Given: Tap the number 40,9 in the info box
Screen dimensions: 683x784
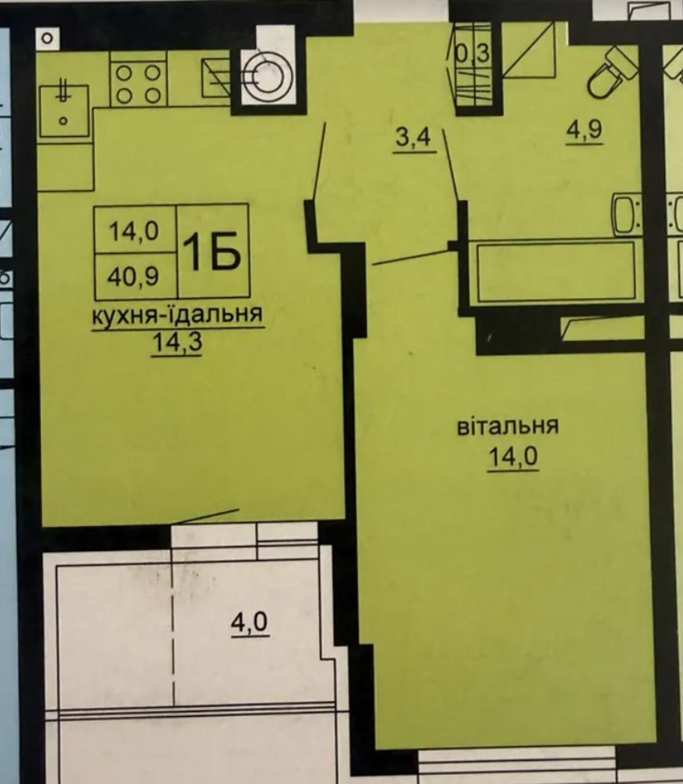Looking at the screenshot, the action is coord(133,277).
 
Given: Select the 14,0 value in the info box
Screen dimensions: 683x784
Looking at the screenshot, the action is coord(133,230).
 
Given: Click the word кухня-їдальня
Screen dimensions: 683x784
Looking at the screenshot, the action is coord(177,314).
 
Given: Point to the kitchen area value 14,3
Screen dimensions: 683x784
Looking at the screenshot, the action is coord(177,342).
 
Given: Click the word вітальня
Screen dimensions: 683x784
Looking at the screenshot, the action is coord(508,426).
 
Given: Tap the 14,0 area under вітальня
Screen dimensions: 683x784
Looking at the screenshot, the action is coord(513,457).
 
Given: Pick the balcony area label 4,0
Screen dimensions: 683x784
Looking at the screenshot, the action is coord(250,622).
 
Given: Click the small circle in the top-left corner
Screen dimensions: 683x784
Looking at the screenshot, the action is coord(47,39).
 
